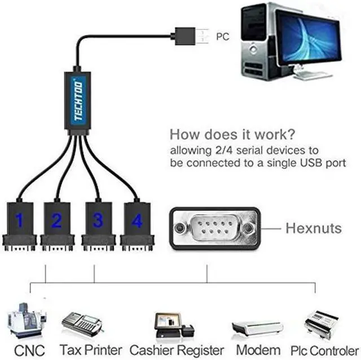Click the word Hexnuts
click(313, 228)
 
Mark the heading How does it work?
click(231, 135)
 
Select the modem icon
click(257, 327)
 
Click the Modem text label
click(258, 350)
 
